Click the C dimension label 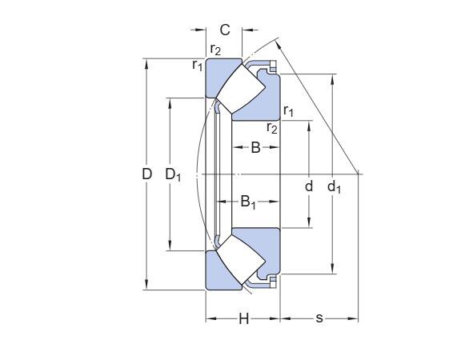point(225,30)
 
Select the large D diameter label point(147,174)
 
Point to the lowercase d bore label point(308,186)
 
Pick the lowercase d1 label point(334,186)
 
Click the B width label point(255,146)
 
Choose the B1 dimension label point(249,202)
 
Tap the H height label point(244,319)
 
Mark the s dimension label point(319,319)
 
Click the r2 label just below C point(215,50)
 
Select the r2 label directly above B point(272,127)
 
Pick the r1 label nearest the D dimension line point(197,65)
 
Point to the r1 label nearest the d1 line point(288,111)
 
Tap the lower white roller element point(238,261)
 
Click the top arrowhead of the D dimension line point(146,62)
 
